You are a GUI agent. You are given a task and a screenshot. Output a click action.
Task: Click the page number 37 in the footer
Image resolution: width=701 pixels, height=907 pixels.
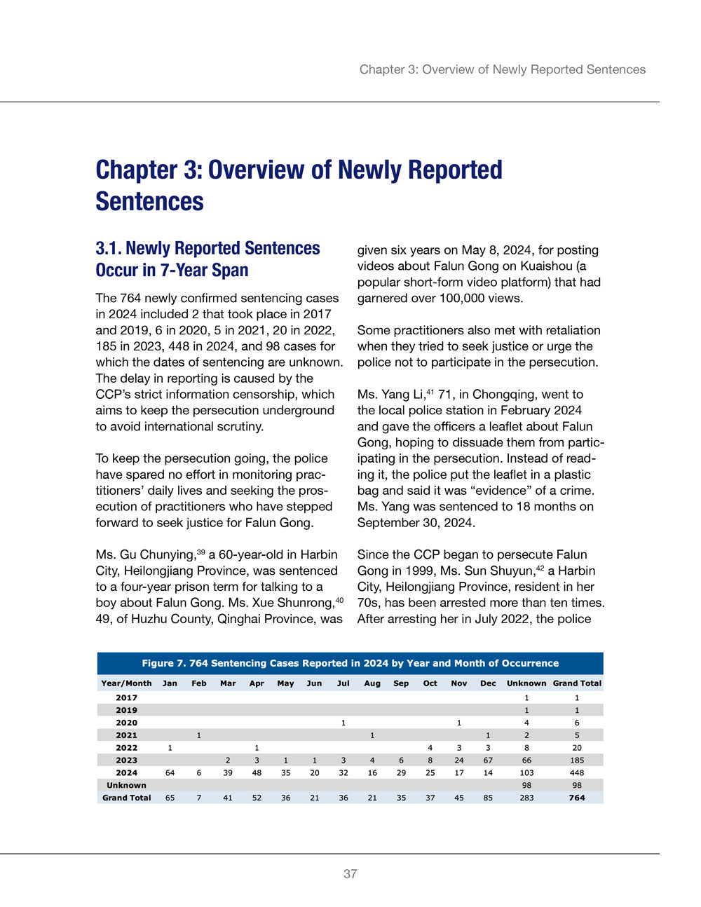pos(350,873)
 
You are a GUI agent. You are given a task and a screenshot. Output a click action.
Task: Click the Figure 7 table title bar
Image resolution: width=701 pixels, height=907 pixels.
pos(350,663)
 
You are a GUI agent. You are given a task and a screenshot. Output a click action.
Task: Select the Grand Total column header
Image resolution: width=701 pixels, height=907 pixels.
pos(577,683)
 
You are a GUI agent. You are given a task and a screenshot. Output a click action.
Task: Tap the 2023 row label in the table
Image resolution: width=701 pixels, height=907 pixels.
pos(126,761)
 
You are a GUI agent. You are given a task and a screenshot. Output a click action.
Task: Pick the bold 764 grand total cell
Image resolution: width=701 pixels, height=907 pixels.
pos(577,798)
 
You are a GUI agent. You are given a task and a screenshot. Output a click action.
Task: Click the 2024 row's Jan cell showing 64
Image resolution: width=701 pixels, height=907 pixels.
pos(170,773)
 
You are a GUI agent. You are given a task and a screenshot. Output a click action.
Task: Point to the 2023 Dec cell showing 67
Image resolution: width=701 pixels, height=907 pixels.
pos(488,761)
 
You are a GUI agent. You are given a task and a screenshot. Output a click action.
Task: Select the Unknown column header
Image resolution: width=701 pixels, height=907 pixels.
pos(526,683)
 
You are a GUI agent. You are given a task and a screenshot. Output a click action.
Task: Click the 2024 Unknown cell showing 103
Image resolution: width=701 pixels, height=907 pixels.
pos(526,773)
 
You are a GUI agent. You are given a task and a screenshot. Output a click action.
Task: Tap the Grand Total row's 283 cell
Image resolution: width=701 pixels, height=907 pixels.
pos(526,798)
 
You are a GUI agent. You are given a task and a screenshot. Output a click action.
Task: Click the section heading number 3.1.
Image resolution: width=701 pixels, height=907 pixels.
pos(109,249)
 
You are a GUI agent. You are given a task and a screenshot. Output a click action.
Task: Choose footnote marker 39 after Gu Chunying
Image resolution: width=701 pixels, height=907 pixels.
pos(201,552)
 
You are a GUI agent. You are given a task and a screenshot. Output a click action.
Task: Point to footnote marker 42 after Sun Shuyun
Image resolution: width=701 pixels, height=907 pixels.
pos(540,568)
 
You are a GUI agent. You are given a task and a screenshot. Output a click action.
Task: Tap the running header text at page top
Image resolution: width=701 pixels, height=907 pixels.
pos(503,69)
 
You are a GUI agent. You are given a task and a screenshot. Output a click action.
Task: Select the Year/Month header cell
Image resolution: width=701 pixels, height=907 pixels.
pos(126,683)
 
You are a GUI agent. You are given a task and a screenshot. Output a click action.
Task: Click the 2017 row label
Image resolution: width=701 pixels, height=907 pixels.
pos(126,698)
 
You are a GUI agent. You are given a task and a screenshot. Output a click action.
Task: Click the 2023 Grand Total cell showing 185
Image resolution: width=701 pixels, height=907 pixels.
pos(577,761)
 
